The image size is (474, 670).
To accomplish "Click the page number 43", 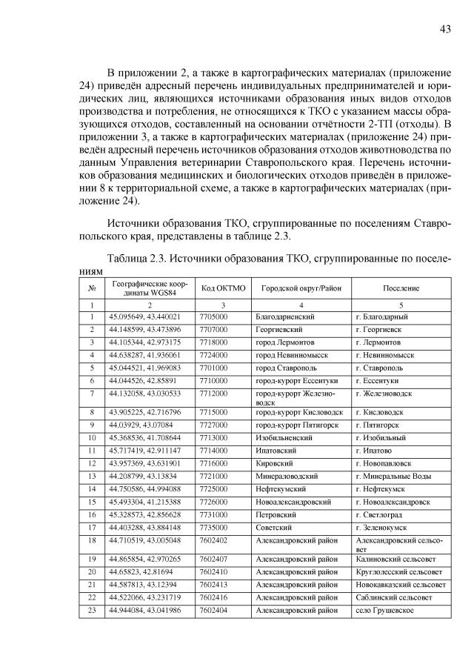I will point(445,29).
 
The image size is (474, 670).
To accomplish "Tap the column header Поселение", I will point(401,288).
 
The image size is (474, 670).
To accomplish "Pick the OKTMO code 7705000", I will point(213,316).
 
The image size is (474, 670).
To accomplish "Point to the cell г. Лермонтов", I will point(378,342).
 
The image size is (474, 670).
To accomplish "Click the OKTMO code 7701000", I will point(213,368).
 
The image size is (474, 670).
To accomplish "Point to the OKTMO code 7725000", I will point(213,489).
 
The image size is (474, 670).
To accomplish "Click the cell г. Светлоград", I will point(379,514).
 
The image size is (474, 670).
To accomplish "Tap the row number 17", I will point(92,527).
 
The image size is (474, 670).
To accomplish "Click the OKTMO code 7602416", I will point(213,597).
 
